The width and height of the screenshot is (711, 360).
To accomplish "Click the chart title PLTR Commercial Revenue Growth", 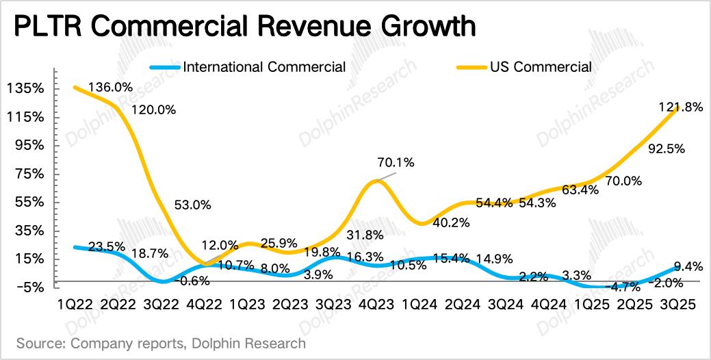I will coord(244,27).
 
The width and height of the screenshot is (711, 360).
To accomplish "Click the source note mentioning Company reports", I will coord(161,342).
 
